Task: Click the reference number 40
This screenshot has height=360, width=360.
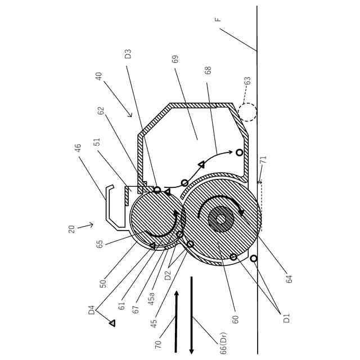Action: pyautogui.click(x=98, y=76)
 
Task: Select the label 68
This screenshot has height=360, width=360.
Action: pyautogui.click(x=208, y=71)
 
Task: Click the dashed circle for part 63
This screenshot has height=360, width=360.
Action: pyautogui.click(x=246, y=111)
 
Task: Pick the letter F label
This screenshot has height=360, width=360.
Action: pyautogui.click(x=218, y=20)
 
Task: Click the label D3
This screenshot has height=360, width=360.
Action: pyautogui.click(x=128, y=54)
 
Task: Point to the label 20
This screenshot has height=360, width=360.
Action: pyautogui.click(x=71, y=229)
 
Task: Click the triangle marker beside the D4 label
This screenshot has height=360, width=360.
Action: pyautogui.click(x=112, y=323)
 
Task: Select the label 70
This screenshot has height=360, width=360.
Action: pyautogui.click(x=158, y=341)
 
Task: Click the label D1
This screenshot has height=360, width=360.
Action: pyautogui.click(x=286, y=317)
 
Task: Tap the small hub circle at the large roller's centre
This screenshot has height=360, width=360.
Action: pyautogui.click(x=220, y=219)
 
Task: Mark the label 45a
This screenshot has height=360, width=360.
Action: pyautogui.click(x=151, y=298)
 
